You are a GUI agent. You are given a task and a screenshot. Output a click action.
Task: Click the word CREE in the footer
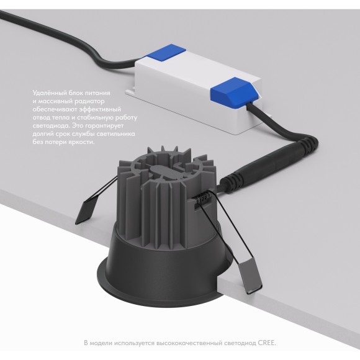(x=266, y=343)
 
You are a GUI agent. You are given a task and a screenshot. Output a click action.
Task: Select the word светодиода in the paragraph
(x=50, y=126)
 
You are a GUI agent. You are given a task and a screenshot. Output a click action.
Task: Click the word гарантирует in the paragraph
(x=104, y=126)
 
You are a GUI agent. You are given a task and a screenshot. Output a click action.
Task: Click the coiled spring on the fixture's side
(x=204, y=197)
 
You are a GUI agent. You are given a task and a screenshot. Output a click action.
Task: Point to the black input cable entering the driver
(x=69, y=38)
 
